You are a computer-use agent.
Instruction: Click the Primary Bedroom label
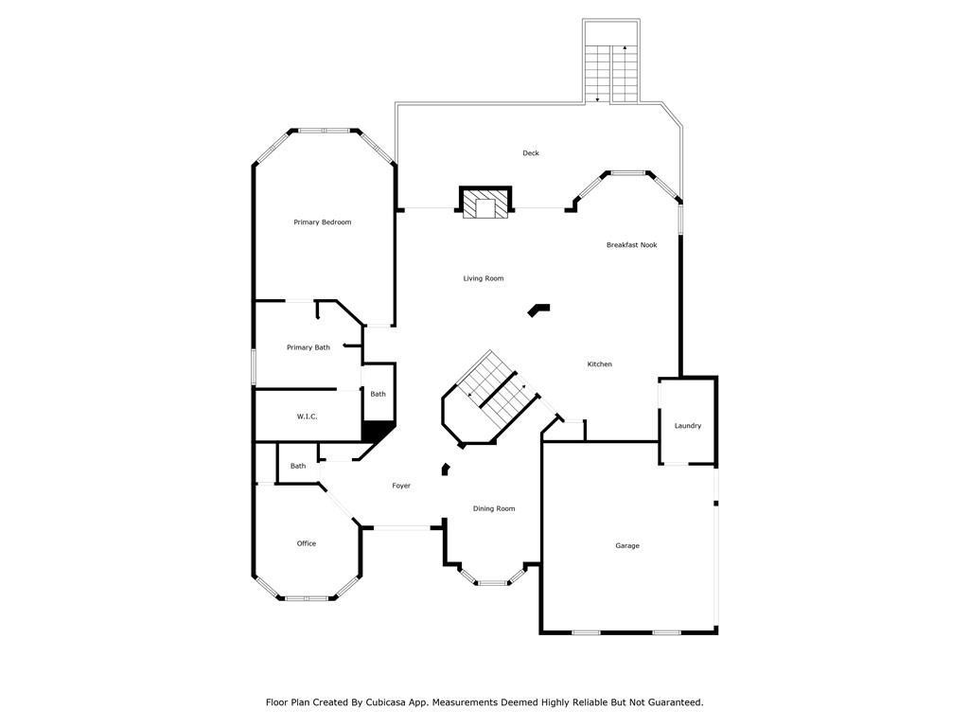pos(322,222)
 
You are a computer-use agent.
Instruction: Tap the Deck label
pos(531,152)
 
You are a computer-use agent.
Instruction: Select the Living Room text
pos(484,278)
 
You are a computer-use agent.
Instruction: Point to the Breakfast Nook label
pos(631,245)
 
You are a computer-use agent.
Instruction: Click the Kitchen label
pos(599,364)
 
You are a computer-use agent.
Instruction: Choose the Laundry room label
pos(688,425)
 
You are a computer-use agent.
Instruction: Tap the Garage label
pos(627,545)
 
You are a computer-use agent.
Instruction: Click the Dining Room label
pos(494,508)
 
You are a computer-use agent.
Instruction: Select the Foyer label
pos(401,486)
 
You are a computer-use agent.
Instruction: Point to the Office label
pos(307,543)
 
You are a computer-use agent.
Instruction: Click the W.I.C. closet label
pos(308,417)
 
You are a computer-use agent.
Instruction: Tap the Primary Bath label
pos(308,347)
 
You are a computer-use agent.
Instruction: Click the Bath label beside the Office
pos(298,466)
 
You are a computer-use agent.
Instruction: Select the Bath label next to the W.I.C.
pos(378,394)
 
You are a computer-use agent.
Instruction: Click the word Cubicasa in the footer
pos(386,702)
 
